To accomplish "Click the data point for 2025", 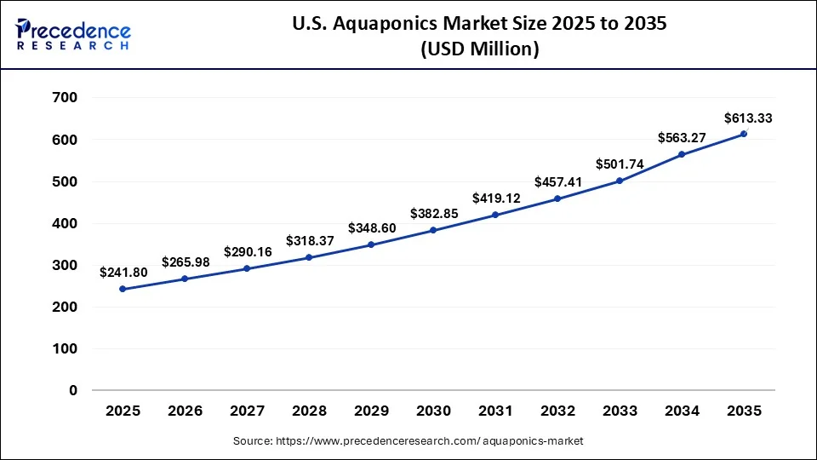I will [x=123, y=289].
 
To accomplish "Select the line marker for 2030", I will [x=433, y=230].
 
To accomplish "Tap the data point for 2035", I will [x=744, y=134].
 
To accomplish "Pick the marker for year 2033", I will [x=620, y=181].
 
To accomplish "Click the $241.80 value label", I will [x=123, y=273].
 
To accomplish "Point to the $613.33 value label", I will [x=748, y=118].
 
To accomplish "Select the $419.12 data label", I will [x=495, y=198].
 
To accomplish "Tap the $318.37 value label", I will [x=309, y=240].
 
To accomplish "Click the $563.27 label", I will [x=682, y=138].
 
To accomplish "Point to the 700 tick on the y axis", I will [x=66, y=98].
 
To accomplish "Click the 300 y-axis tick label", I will [x=66, y=265].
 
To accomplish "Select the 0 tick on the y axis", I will [x=72, y=390].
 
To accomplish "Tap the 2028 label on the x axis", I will [x=309, y=411].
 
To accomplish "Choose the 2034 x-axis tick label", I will [x=682, y=411].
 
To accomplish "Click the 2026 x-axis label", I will [x=185, y=411].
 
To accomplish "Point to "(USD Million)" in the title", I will [x=481, y=50].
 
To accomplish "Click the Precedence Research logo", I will [x=73, y=35].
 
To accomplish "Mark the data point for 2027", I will [x=247, y=268].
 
